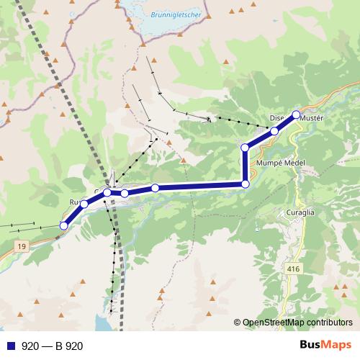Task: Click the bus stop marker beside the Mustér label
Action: coord(296,114)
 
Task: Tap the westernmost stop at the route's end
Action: coord(63,225)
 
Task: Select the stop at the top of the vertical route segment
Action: coord(245,148)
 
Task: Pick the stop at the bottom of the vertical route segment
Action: coord(245,184)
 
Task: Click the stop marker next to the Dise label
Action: coord(274,131)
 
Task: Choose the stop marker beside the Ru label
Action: coord(84,204)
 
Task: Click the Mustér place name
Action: coord(313,117)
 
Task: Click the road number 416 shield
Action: coord(292,269)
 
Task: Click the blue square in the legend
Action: coord(9,346)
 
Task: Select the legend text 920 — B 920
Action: coord(52,346)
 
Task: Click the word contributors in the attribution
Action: coord(331,323)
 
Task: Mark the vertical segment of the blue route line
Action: coord(245,166)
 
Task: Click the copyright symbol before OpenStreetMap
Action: coord(238,323)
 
